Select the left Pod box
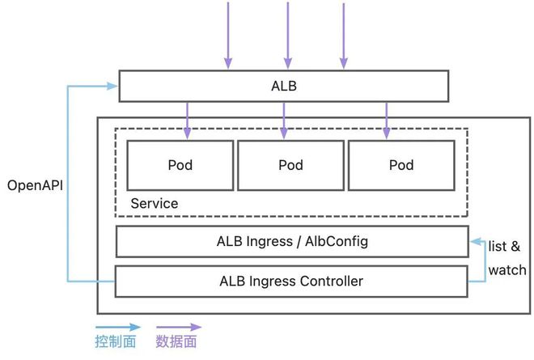180,165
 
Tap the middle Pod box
290,165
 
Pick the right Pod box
401,165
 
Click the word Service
154,204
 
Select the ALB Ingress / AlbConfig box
292,241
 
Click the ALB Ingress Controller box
292,282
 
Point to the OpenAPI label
35,185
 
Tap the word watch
506,270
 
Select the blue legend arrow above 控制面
117,328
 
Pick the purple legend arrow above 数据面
178,328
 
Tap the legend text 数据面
176,343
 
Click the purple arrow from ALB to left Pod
189,119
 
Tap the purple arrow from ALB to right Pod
385,119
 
